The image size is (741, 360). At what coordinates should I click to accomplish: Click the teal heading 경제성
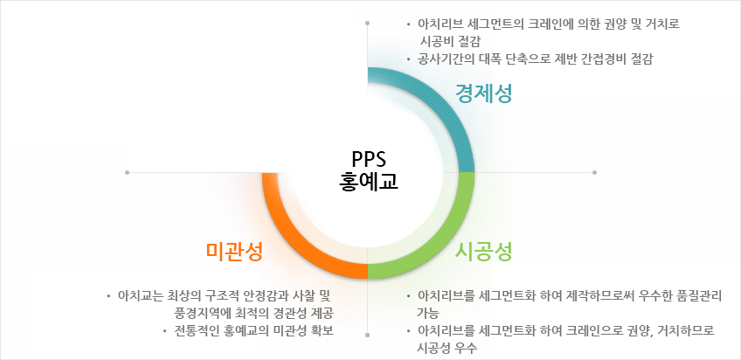click(x=484, y=93)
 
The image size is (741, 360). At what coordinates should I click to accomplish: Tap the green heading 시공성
click(x=484, y=252)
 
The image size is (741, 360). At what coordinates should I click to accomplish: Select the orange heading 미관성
click(x=234, y=252)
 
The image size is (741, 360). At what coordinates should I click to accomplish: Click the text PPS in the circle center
click(x=369, y=159)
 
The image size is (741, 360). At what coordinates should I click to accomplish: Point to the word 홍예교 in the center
click(x=369, y=182)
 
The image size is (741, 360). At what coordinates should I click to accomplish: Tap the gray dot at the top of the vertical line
click(x=368, y=23)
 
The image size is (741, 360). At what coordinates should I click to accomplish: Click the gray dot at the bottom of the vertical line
click(x=368, y=335)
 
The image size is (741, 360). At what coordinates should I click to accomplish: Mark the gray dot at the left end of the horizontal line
click(x=127, y=172)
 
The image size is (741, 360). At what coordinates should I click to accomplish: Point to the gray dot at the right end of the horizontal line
click(x=594, y=172)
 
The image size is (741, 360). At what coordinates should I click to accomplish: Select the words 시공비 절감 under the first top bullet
click(x=449, y=42)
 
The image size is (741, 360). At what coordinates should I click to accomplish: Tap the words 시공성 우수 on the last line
click(x=447, y=348)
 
